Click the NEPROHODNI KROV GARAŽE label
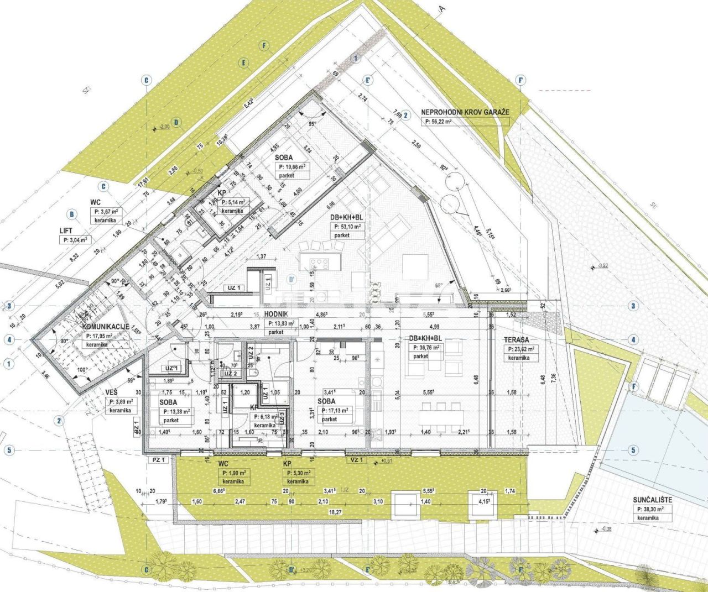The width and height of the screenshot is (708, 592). click(464, 112)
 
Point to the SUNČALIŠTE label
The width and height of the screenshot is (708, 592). click(653, 500)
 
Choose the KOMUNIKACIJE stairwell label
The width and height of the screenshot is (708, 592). click(106, 327)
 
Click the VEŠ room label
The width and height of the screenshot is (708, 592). click(114, 392)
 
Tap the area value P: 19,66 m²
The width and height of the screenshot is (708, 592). click(293, 166)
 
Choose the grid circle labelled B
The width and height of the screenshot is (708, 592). click(71, 214)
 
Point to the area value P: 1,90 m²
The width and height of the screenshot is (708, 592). click(234, 473)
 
